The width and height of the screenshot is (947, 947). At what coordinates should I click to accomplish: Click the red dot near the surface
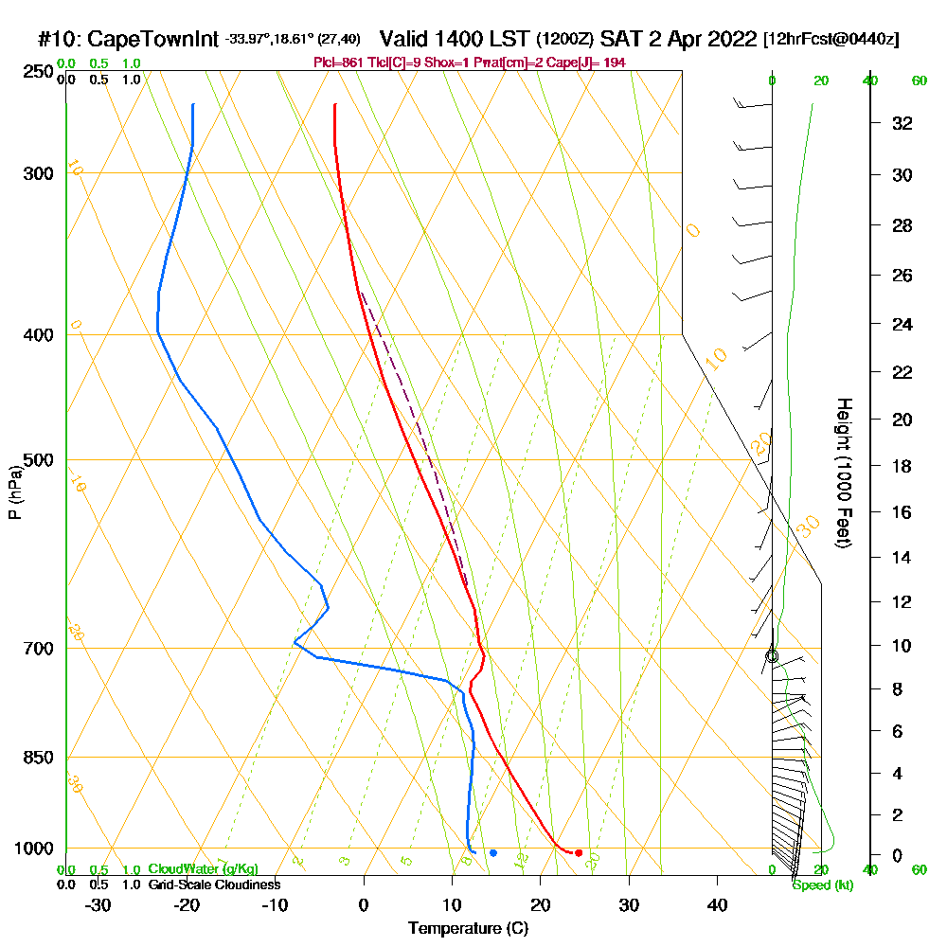coord(579,853)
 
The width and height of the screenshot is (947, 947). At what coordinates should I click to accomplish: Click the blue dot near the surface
coord(493,853)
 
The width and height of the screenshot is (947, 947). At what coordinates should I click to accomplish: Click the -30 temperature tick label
coord(98,905)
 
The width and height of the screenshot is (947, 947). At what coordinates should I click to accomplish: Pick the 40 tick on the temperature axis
coord(717,905)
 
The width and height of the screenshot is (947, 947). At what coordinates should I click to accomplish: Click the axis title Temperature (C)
coord(468,928)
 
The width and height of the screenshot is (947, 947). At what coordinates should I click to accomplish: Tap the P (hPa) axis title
coord(14,492)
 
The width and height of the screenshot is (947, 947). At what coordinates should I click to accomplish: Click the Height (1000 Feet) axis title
coord(842,473)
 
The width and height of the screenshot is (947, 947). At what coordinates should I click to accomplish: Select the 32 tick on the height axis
coord(902,123)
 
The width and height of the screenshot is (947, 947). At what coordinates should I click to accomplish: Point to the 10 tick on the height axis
coord(902,646)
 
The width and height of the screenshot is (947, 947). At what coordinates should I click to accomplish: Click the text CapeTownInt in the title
coord(153,40)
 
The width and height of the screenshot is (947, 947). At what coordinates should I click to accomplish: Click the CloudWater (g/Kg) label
coord(203,869)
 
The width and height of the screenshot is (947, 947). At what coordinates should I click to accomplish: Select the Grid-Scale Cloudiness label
coord(213,884)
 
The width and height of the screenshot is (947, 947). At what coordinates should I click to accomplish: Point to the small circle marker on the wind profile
coord(772,656)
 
